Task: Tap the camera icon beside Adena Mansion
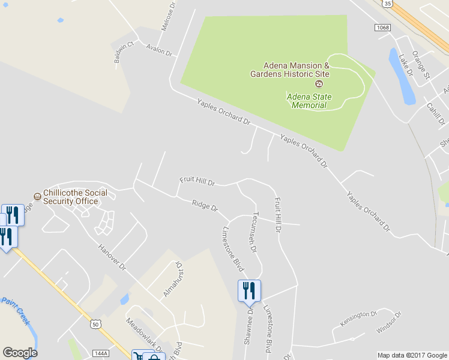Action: click(x=319, y=83)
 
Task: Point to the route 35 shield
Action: click(x=388, y=4)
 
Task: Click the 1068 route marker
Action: click(x=382, y=28)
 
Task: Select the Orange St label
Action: click(x=424, y=67)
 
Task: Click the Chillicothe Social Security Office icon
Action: click(x=37, y=196)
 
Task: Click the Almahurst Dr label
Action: click(x=172, y=279)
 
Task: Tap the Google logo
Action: click(x=20, y=353)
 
